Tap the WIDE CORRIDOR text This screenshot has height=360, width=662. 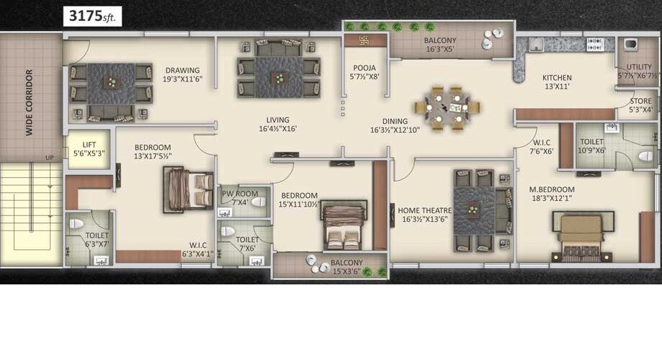click(30, 102)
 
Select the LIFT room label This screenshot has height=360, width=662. click(89, 144)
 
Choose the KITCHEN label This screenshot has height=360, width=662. click(557, 78)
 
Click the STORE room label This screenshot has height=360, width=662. click(640, 102)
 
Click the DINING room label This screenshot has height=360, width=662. click(389, 121)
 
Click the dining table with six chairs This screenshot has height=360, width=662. click(451, 109)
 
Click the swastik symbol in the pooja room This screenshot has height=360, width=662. click(364, 40)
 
